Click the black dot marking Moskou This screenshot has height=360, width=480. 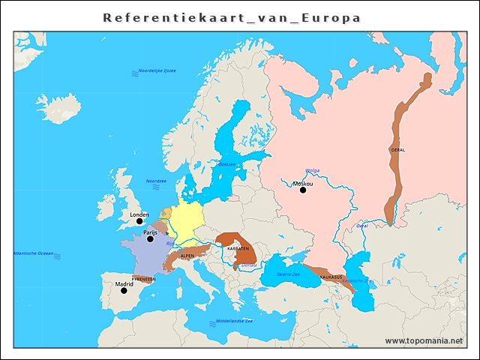pos(303,190)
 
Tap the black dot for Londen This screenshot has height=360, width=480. pos(139,221)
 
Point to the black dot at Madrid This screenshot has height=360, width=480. pos(124,290)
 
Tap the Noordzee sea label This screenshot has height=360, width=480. pos(156,181)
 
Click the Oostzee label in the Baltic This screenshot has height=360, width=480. pos(226,163)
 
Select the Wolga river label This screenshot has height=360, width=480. pos(313,170)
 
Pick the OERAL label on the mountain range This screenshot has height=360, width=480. pos(398,150)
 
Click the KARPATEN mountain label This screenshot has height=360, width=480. pos(238,248)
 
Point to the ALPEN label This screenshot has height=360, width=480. pos(187,256)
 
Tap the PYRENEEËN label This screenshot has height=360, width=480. pos(143,278)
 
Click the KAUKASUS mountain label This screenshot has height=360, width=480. pos(331,277)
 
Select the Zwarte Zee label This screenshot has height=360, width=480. pos(289,275)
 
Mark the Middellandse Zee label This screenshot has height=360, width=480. pos(234,321)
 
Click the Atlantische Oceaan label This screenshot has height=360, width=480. pos(33,253)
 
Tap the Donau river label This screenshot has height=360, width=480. pos(249,265)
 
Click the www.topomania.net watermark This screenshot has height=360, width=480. pos(424,340)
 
